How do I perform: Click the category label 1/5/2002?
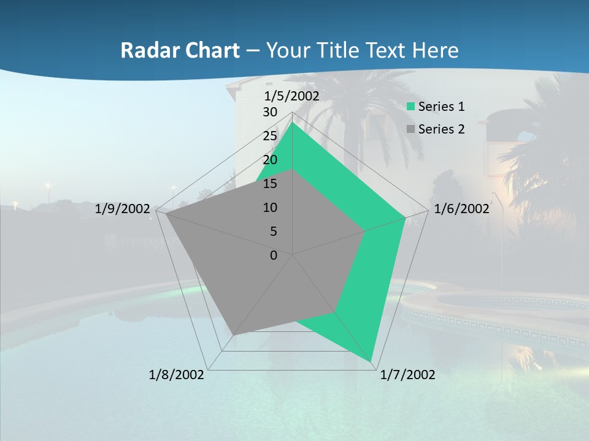[x=291, y=96]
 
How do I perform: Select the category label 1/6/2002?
[x=461, y=209]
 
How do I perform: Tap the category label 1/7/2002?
[x=407, y=375]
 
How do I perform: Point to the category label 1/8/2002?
[x=177, y=375]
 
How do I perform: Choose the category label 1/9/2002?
[x=123, y=209]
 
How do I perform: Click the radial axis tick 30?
[x=270, y=112]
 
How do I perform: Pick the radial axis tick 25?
[x=270, y=136]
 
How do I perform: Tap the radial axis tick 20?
[x=270, y=160]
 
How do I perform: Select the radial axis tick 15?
[x=270, y=184]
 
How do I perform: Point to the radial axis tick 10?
[x=270, y=208]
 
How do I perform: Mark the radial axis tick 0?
[x=274, y=255]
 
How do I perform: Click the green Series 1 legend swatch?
[x=410, y=107]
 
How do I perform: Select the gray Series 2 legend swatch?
[x=410, y=129]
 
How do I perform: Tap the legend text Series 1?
[x=441, y=107]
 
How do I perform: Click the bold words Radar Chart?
[x=180, y=50]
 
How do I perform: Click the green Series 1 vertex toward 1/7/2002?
[x=372, y=361]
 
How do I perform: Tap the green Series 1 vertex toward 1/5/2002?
[x=293, y=123]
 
